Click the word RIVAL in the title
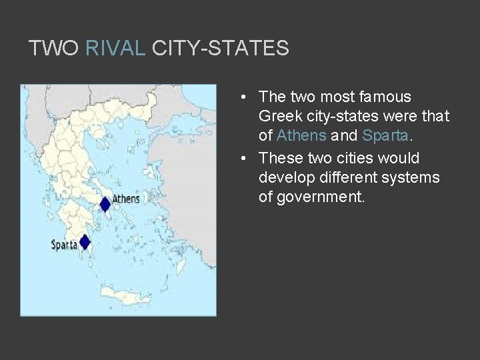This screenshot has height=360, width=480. (115, 48)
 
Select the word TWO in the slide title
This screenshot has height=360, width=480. (54, 48)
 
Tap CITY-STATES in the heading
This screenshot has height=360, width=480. (221, 48)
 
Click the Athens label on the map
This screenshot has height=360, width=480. (126, 199)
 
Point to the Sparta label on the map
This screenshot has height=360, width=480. (64, 245)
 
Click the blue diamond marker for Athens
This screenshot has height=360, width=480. (105, 204)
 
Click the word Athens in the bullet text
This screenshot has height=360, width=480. (301, 136)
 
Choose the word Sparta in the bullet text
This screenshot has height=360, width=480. (384, 136)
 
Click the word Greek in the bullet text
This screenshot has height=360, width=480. (279, 117)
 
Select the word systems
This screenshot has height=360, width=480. (417, 177)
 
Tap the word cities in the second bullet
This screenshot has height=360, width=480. (355, 158)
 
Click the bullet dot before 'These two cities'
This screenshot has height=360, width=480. (245, 159)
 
